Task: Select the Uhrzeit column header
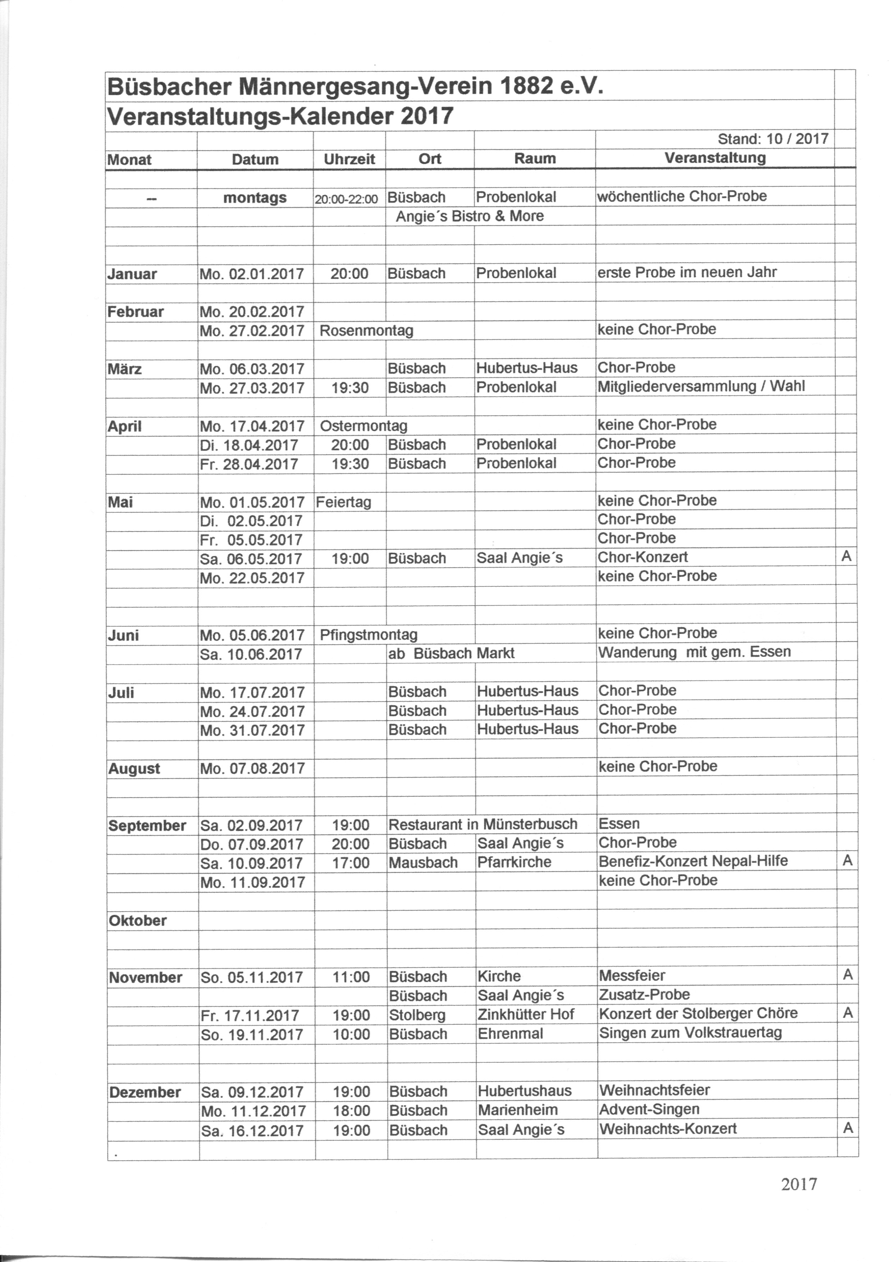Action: pyautogui.click(x=349, y=159)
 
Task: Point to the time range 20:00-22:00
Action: pyautogui.click(x=346, y=199)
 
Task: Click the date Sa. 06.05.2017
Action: pyautogui.click(x=252, y=559)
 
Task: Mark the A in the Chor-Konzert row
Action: pyautogui.click(x=846, y=557)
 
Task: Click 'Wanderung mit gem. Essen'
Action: pyautogui.click(x=695, y=652)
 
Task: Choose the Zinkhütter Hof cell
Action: pyautogui.click(x=526, y=1014)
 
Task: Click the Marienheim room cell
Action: pyautogui.click(x=518, y=1110)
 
